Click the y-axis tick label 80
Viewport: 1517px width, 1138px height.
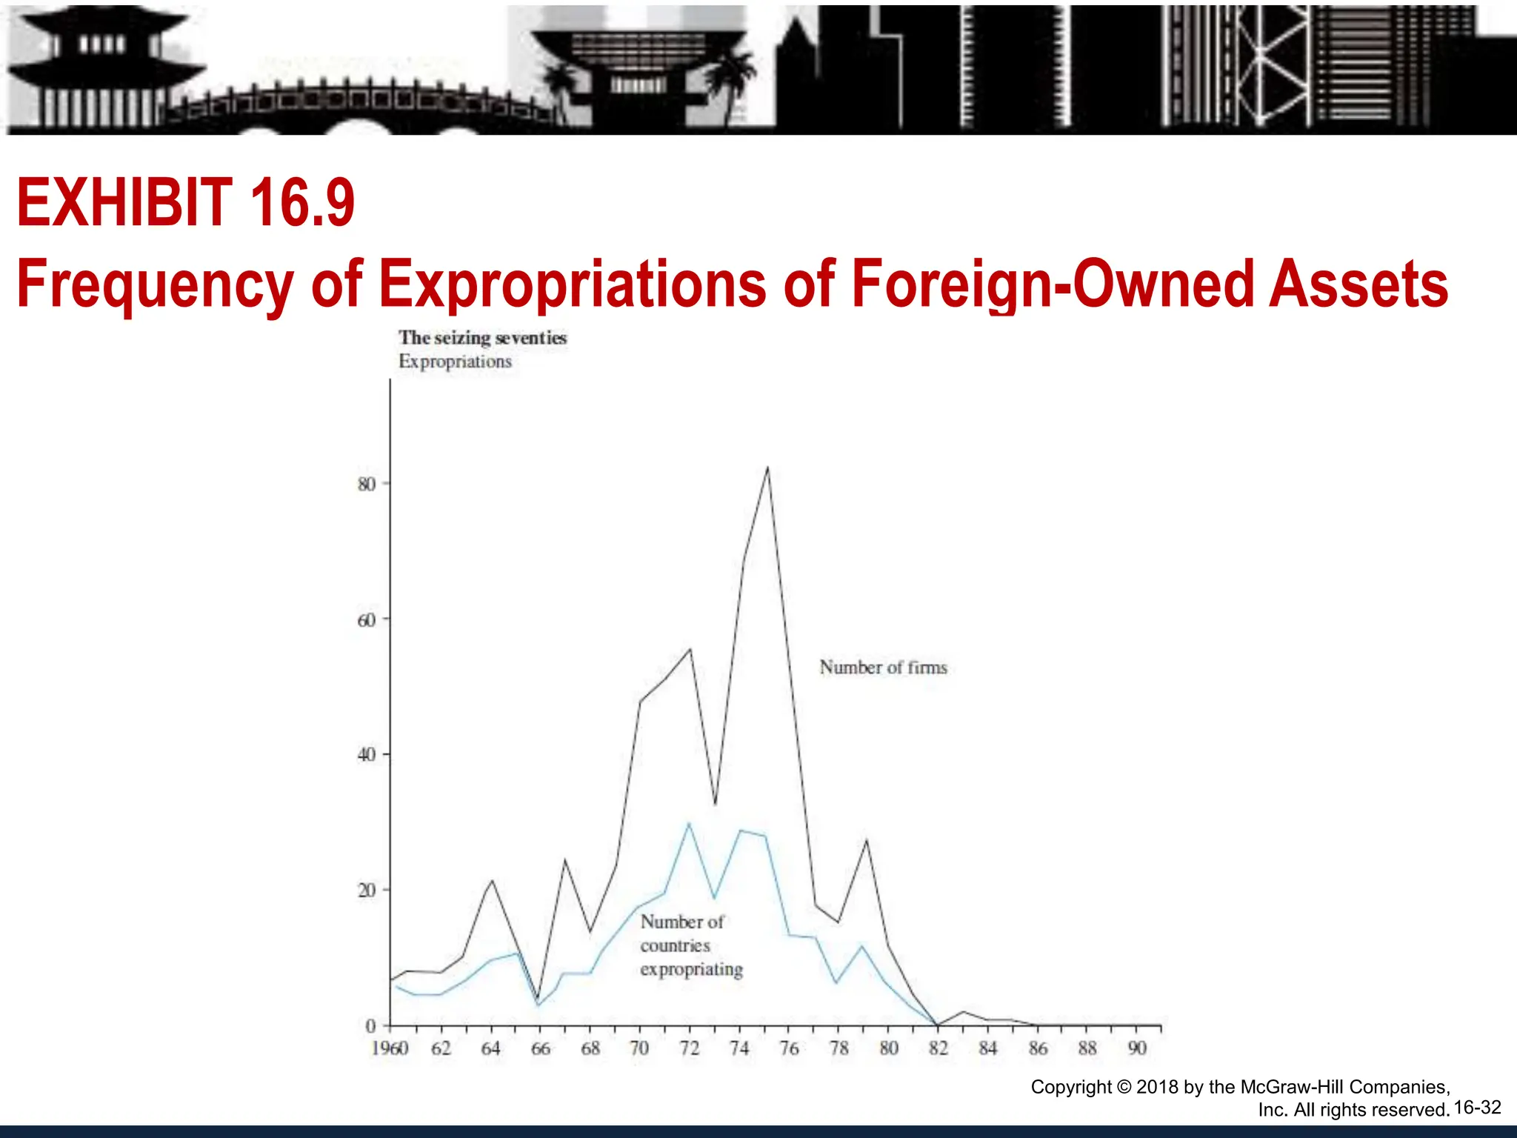click(366, 485)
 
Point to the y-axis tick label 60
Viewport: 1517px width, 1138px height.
click(366, 620)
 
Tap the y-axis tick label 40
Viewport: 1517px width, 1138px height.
click(366, 755)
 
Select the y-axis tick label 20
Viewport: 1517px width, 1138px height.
click(366, 891)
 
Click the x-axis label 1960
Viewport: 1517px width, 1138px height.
click(390, 1048)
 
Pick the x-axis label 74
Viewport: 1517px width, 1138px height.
click(739, 1048)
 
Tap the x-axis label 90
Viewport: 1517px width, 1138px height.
click(1137, 1048)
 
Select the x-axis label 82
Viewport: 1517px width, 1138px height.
click(938, 1048)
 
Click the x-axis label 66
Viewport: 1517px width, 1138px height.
click(541, 1048)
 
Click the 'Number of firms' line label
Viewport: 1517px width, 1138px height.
click(883, 668)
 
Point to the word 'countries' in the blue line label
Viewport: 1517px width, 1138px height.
click(675, 946)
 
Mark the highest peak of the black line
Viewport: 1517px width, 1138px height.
click(767, 467)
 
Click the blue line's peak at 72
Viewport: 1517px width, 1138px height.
click(689, 823)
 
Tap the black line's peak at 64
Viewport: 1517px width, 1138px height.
click(492, 880)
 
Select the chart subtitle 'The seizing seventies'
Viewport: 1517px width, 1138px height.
click(482, 338)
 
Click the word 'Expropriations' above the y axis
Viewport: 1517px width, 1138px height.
click(455, 362)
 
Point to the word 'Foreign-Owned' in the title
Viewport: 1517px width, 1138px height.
click(1051, 284)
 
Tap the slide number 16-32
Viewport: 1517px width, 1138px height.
click(1477, 1108)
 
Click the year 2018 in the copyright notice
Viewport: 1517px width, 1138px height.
click(1157, 1087)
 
